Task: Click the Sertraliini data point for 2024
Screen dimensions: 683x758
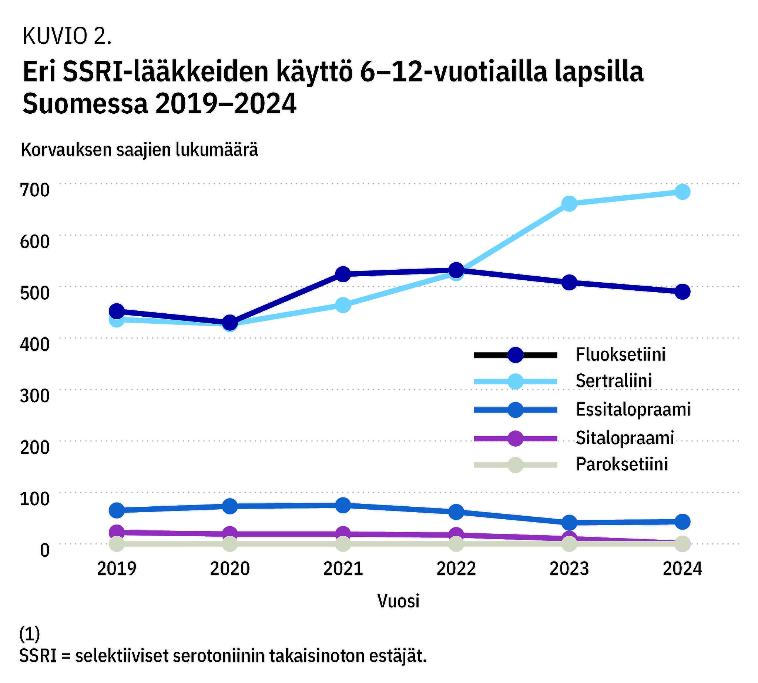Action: click(682, 192)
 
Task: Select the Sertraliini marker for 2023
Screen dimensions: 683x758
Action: click(569, 203)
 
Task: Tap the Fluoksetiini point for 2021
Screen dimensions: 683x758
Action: click(343, 274)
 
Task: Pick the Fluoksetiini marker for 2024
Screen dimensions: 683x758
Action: click(682, 291)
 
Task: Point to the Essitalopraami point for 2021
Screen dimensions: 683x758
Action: click(343, 505)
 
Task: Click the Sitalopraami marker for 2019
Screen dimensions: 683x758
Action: click(117, 532)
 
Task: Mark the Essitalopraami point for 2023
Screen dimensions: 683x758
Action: click(569, 522)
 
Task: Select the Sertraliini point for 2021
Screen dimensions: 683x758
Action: click(343, 304)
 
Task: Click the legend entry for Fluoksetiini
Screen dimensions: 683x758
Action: click(620, 354)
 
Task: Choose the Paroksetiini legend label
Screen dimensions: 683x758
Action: click(621, 464)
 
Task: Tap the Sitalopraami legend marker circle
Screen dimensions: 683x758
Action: click(515, 438)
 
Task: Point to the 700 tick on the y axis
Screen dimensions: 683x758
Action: click(34, 190)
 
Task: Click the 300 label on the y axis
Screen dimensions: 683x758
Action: click(34, 396)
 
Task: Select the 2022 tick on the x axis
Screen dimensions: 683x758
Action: click(456, 569)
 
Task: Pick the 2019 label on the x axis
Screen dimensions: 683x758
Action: click(117, 569)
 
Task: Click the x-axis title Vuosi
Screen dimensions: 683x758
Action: click(398, 601)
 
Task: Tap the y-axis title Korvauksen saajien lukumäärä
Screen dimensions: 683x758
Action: click(140, 150)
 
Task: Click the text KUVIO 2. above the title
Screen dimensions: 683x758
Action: click(67, 36)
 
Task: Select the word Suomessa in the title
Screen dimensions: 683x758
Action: click(85, 104)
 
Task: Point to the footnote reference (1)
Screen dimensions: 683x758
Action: click(30, 634)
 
